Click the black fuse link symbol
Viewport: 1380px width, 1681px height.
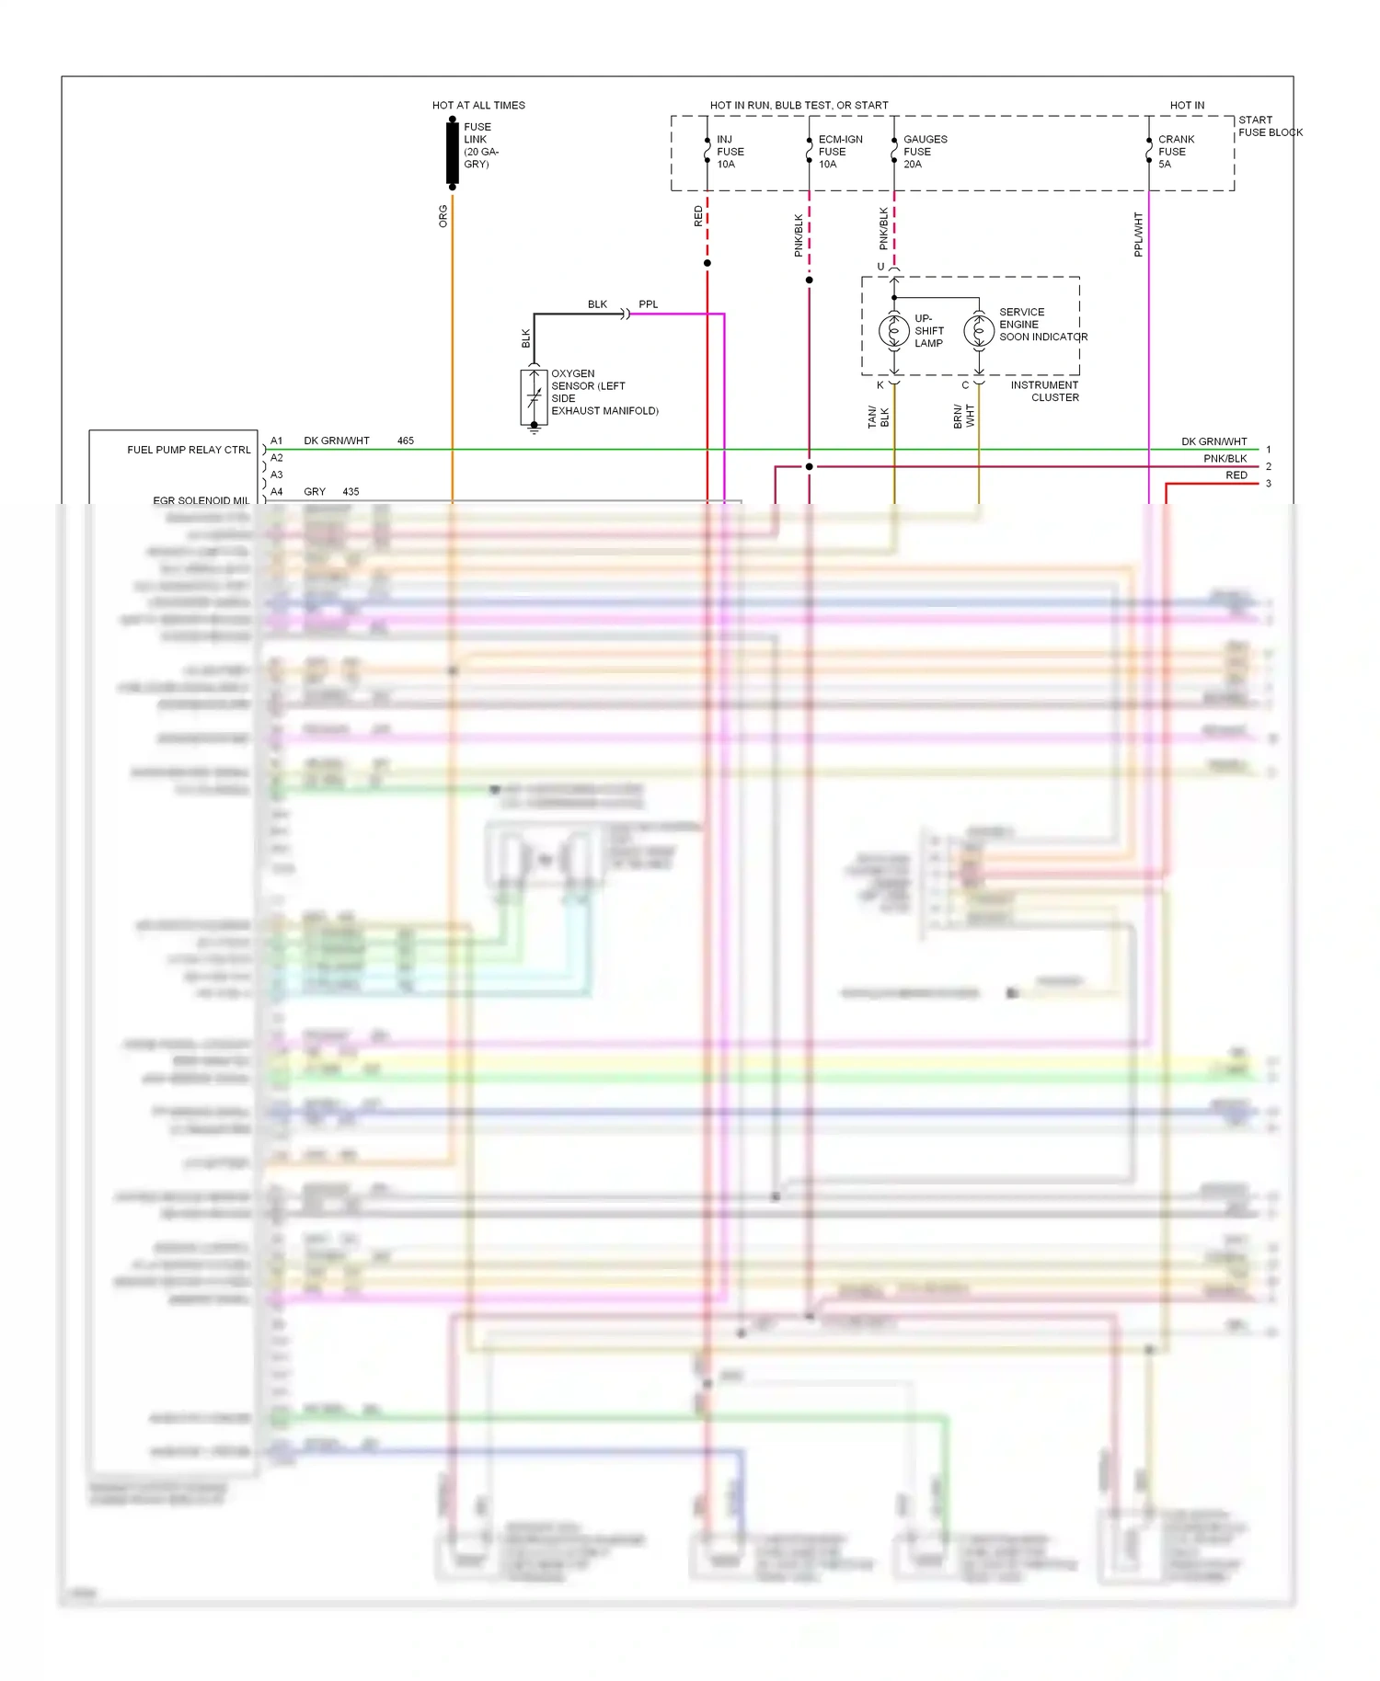[452, 153]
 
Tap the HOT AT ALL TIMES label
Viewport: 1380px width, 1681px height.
[478, 106]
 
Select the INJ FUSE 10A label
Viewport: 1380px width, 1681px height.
[730, 152]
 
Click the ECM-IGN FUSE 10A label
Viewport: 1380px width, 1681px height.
[839, 152]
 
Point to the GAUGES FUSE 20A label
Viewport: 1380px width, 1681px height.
[924, 152]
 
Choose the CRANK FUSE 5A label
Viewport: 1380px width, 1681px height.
[1175, 152]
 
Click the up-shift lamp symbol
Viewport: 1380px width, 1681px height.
[894, 330]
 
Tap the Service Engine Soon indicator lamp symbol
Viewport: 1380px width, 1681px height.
[979, 330]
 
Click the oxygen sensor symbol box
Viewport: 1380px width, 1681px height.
[534, 397]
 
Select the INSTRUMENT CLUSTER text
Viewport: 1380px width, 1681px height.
[1045, 392]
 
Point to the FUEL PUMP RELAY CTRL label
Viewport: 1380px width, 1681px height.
[189, 450]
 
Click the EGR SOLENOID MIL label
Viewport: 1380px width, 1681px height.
[201, 500]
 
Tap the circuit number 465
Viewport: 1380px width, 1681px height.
[406, 441]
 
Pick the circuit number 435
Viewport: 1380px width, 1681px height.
[351, 492]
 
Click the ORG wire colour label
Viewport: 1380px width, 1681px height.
[443, 216]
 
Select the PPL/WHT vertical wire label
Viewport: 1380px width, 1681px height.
[1138, 234]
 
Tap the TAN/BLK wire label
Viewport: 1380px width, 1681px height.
[878, 417]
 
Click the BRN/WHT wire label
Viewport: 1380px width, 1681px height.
[963, 417]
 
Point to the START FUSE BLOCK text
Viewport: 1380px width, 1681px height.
[1270, 126]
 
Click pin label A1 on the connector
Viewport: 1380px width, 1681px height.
[277, 441]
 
